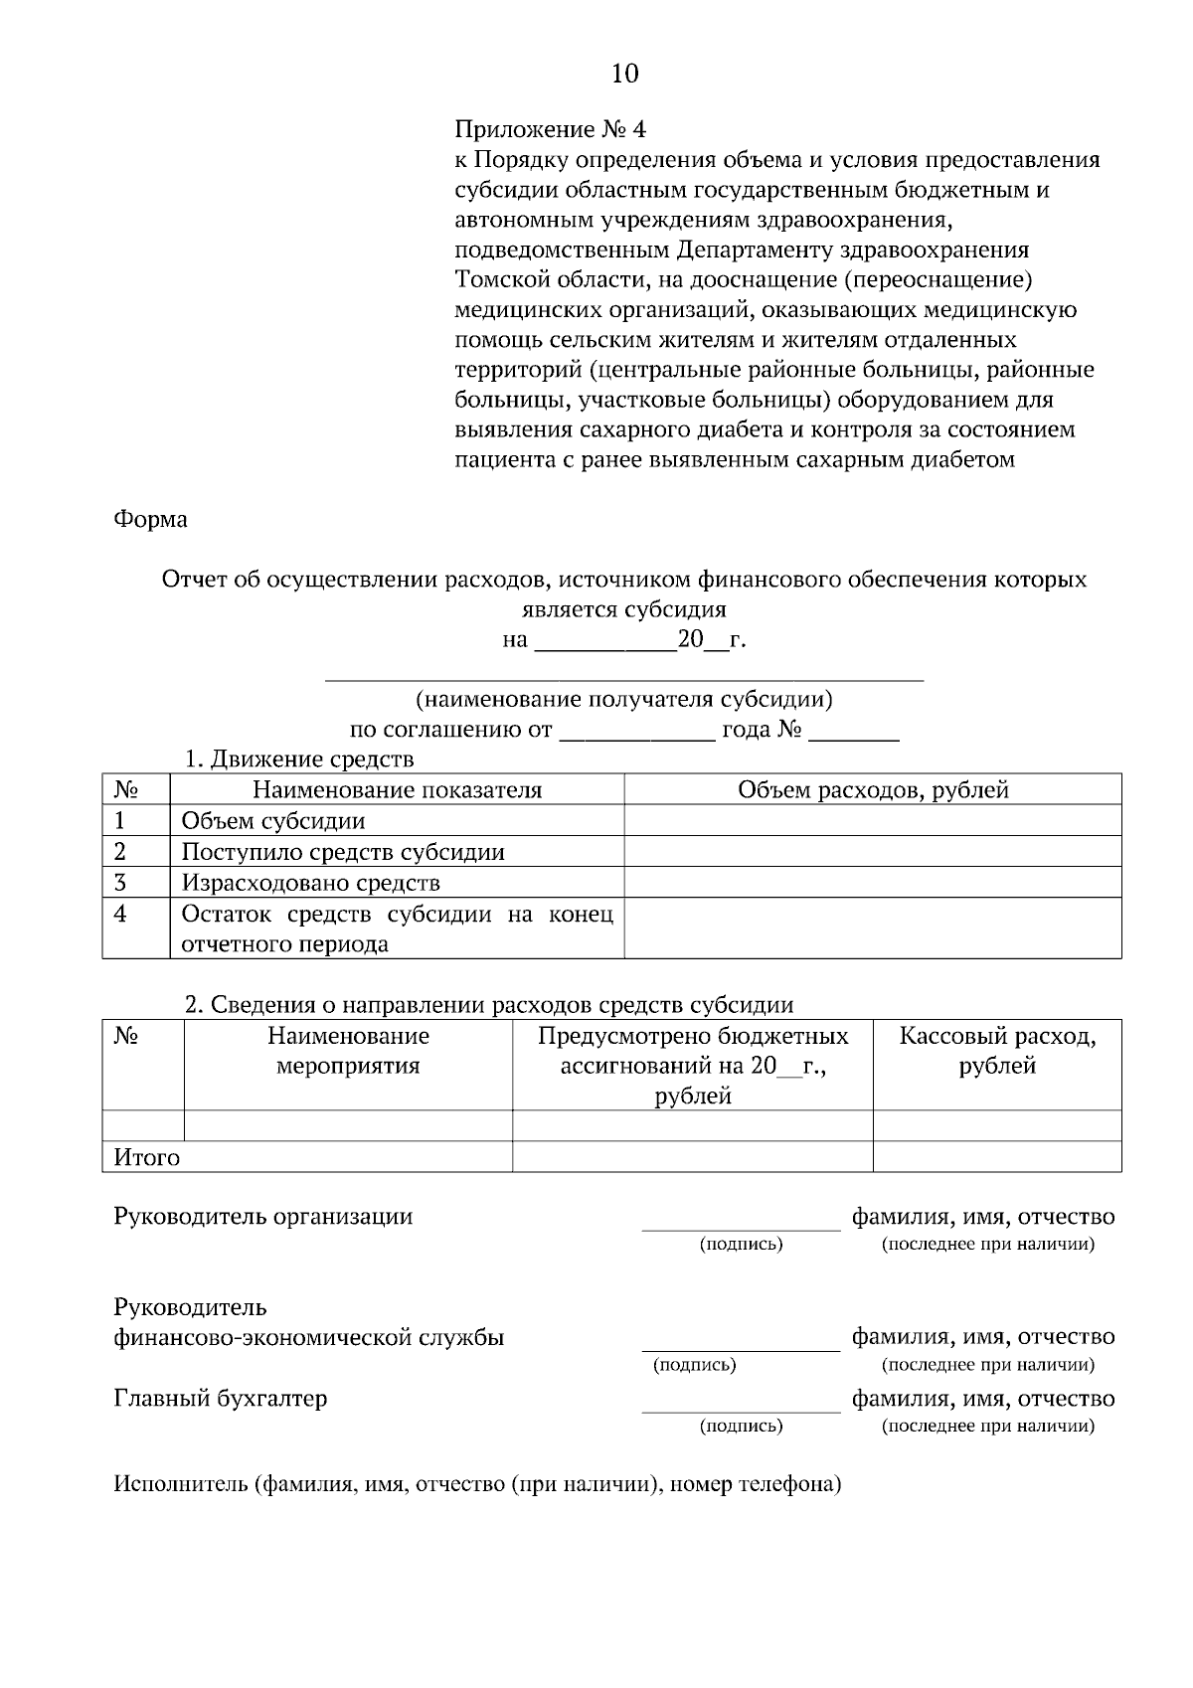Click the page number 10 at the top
click(x=624, y=74)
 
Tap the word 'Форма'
click(x=150, y=519)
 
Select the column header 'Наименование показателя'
click(x=397, y=790)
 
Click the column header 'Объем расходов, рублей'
click(x=873, y=790)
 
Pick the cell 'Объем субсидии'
click(x=273, y=821)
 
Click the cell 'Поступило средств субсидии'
click(x=343, y=852)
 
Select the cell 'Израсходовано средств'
click(x=310, y=883)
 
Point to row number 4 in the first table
click(x=121, y=914)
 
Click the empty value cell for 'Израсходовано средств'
click(x=873, y=883)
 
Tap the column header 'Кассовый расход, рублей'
click(x=997, y=1051)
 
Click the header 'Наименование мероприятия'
click(x=348, y=1051)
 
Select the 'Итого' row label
click(x=147, y=1158)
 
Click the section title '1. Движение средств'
click(x=299, y=760)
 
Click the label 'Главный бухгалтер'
click(x=221, y=1399)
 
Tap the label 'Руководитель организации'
click(x=263, y=1217)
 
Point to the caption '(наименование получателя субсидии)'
click(x=624, y=700)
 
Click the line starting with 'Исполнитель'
click(x=477, y=1485)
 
